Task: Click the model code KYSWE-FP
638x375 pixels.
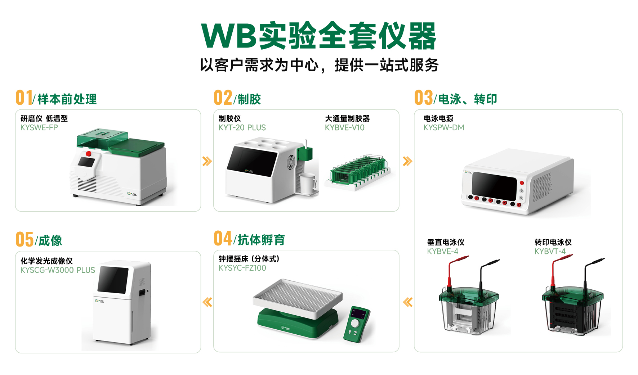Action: tap(39, 128)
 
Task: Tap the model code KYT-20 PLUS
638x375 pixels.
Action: tap(242, 128)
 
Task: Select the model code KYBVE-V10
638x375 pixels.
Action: tap(344, 128)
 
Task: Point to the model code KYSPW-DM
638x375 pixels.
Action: tap(444, 128)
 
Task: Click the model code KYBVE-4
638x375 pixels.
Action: tap(443, 252)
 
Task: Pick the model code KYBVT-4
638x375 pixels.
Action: tap(550, 252)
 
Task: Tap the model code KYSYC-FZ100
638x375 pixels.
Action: tap(242, 268)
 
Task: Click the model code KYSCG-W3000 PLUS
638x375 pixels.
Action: tap(58, 270)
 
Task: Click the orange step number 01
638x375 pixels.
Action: tap(24, 98)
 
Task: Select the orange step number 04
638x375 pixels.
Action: tap(223, 238)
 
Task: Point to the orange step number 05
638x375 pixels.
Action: tap(24, 239)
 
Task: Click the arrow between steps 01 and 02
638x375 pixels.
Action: tap(207, 161)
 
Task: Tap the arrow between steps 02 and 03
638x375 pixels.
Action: tap(407, 161)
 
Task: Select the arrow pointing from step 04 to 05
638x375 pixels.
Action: tap(207, 302)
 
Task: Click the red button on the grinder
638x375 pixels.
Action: tap(88, 154)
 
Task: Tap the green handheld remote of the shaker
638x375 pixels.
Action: tap(357, 324)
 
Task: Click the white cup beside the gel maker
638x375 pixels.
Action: tap(308, 184)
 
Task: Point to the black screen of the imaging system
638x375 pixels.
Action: tap(113, 280)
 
